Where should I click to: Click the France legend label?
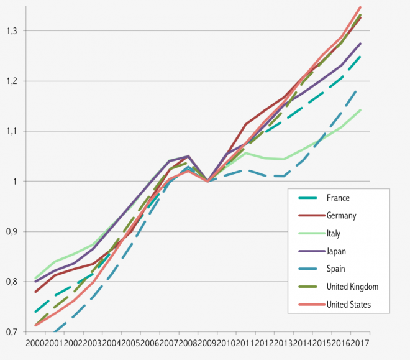click(x=338, y=198)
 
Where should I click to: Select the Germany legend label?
click(x=342, y=216)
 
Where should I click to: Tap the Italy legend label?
click(x=334, y=234)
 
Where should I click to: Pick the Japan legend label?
click(x=336, y=251)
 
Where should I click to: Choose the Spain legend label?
click(x=335, y=269)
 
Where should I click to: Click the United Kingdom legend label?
click(x=352, y=287)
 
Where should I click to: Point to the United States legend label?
click(x=348, y=305)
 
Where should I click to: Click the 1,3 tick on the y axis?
click(x=12, y=30)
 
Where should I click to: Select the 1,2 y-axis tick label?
click(x=12, y=81)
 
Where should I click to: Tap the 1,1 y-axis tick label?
click(x=12, y=131)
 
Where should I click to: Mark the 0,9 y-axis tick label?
click(x=12, y=231)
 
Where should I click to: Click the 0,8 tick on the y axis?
click(x=12, y=282)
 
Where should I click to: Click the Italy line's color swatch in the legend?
click(x=307, y=234)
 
